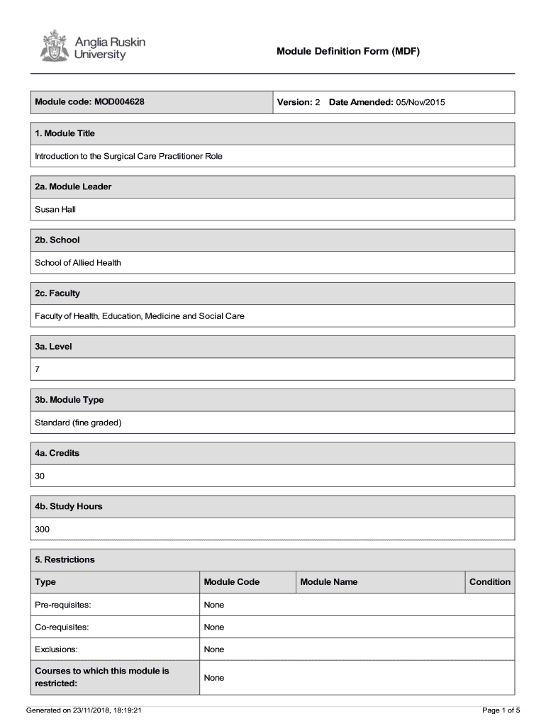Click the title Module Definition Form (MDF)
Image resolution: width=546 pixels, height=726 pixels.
point(348,51)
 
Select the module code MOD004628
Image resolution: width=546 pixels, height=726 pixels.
point(118,102)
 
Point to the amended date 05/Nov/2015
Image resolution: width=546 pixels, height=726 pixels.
point(420,103)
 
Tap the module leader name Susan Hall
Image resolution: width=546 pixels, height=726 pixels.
point(55,209)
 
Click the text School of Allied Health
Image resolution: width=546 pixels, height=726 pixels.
point(78,262)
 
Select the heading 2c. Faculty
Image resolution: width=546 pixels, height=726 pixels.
point(57,293)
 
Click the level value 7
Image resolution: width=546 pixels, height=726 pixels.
point(38,369)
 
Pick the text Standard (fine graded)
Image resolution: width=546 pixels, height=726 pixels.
point(79,423)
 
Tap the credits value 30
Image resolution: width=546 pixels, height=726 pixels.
point(40,476)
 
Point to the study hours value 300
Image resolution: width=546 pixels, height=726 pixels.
point(43,529)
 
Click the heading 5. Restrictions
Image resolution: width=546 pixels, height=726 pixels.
point(65,559)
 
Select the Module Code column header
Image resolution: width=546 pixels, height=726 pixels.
point(231,582)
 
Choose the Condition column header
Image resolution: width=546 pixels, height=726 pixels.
point(489,582)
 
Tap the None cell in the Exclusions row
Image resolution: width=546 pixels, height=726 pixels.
point(213,649)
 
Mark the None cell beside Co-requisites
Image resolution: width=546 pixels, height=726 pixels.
point(213,627)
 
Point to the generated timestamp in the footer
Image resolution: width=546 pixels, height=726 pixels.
point(84,710)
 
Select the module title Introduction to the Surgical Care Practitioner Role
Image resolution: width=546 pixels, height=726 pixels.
point(128,156)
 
